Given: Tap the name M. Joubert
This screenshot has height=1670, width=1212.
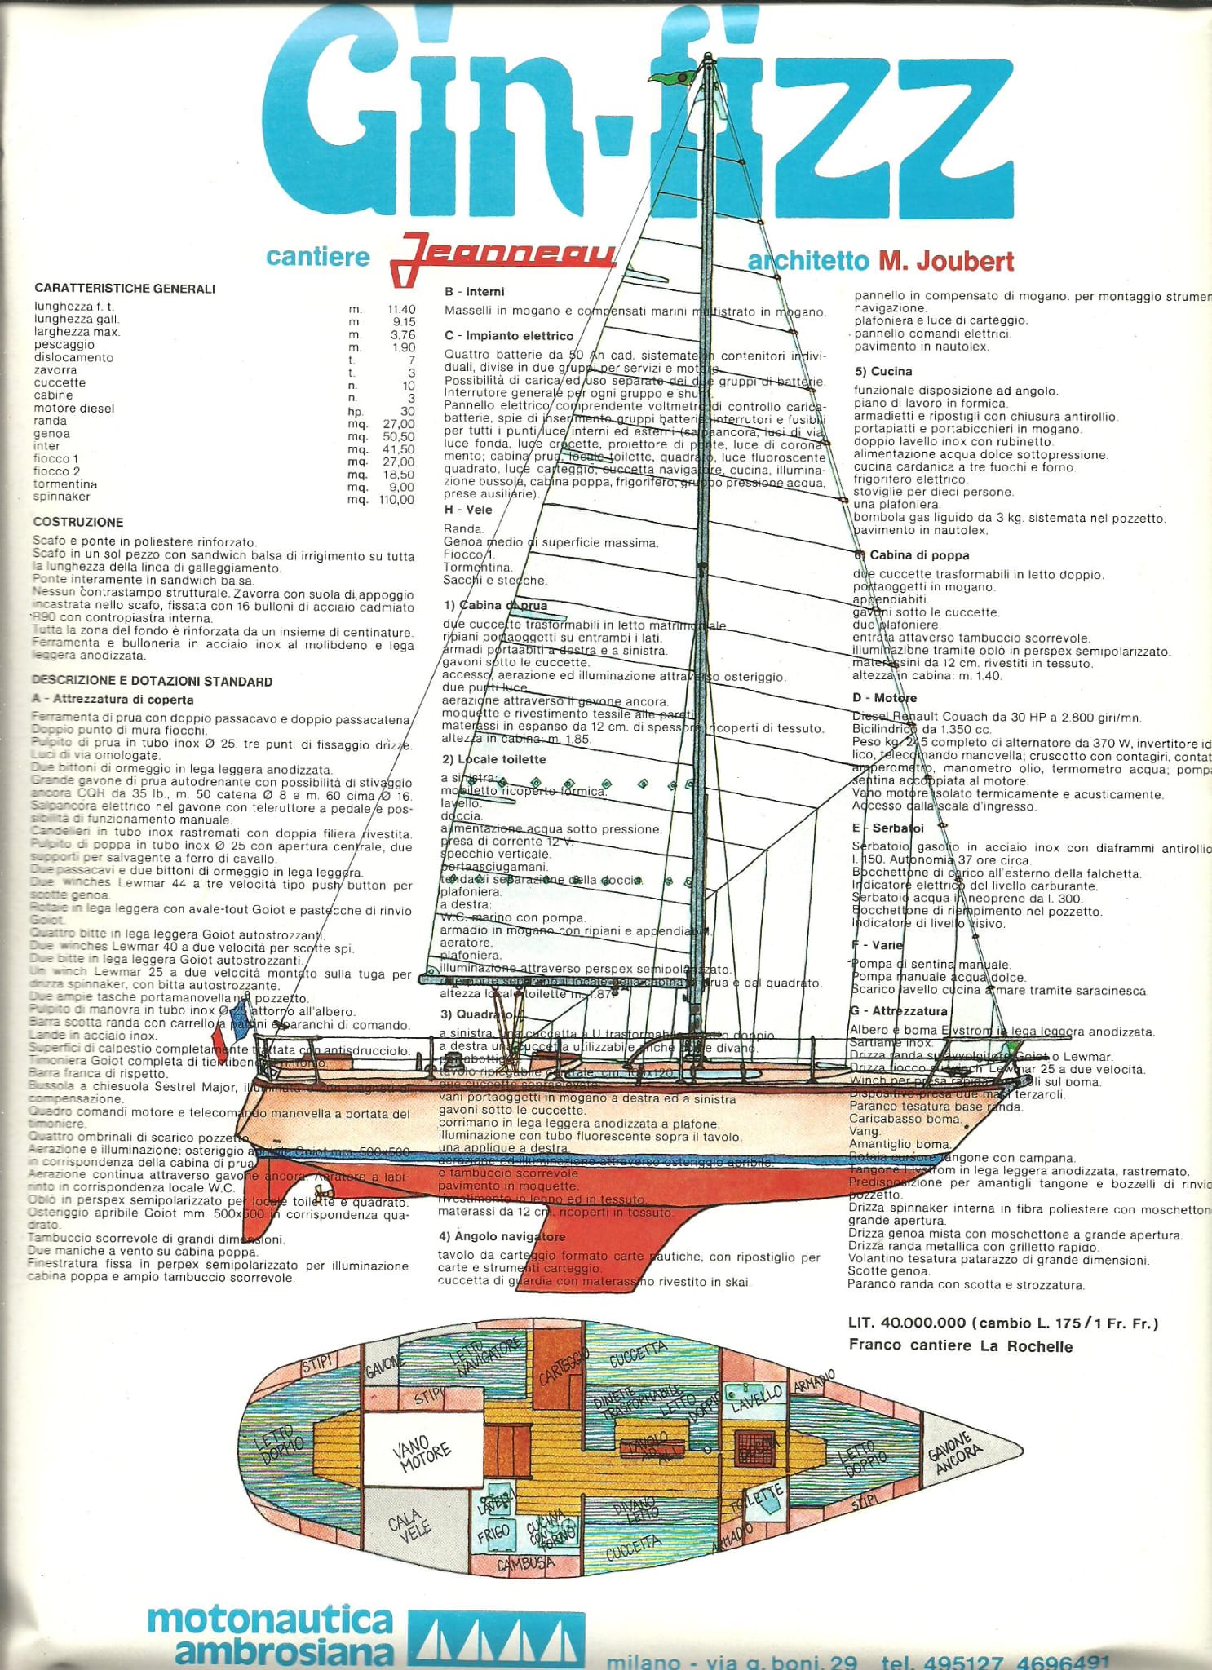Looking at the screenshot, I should click(x=945, y=262).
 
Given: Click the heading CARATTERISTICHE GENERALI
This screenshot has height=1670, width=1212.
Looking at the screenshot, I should click(x=125, y=289).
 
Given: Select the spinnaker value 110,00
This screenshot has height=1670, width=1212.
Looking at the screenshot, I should click(x=396, y=500).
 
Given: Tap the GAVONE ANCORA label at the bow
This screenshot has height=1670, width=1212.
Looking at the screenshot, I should click(x=955, y=1453).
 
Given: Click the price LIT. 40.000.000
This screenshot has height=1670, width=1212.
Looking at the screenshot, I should click(x=907, y=1323).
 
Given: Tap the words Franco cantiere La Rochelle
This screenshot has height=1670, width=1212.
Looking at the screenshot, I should click(x=960, y=1346).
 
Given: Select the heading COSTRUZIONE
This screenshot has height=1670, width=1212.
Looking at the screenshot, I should click(x=78, y=523).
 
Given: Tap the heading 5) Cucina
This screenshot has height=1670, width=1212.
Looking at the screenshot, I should click(x=882, y=372).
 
